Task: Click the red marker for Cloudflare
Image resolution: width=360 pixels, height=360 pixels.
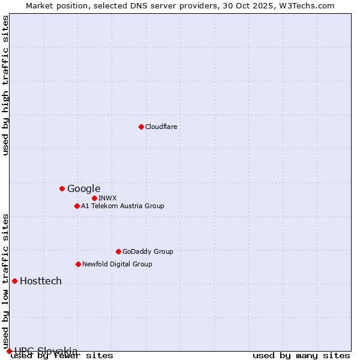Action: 141,127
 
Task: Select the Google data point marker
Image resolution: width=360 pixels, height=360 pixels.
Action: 62,188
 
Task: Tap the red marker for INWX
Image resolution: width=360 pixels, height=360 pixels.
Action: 94,198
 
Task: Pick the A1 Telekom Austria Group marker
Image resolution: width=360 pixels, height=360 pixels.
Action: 77,206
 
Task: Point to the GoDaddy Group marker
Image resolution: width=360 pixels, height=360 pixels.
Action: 118,251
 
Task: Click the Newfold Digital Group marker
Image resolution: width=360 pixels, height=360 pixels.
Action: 78,264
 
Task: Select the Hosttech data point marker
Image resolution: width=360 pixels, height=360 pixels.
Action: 14,281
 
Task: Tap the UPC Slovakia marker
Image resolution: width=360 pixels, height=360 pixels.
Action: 9,351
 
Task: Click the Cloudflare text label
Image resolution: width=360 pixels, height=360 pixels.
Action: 161,127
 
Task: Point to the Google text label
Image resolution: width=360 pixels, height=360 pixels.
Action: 83,188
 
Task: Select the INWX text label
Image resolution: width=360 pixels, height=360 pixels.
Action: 107,198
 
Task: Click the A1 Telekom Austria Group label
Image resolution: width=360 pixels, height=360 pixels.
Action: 122,206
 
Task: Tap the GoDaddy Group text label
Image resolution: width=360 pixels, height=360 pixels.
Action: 148,251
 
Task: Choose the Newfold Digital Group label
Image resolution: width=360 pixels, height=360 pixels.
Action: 117,264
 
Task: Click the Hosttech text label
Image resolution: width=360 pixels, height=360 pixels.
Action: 41,281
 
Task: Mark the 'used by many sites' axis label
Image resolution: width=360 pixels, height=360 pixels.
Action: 301,355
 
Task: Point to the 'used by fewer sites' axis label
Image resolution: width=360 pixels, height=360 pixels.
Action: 62,355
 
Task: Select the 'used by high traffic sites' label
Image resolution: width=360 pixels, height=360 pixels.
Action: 5,85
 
